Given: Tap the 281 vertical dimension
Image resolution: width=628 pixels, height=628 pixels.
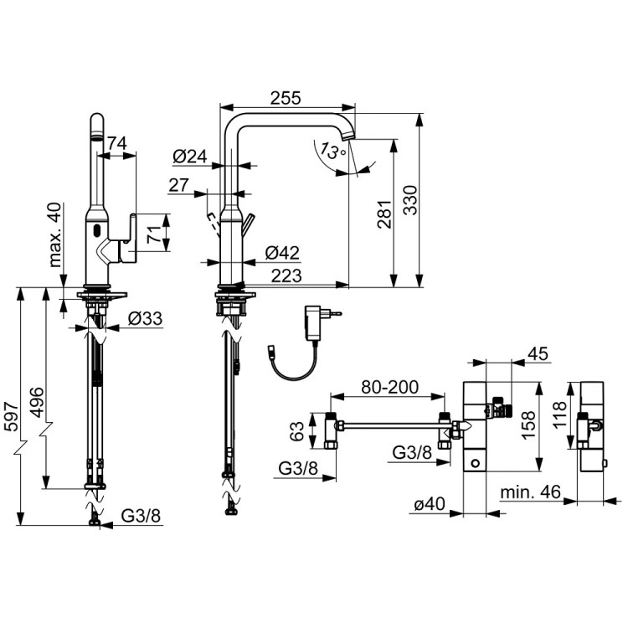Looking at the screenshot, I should click(x=405, y=214).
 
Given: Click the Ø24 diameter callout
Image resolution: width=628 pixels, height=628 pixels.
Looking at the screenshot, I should click(x=189, y=156).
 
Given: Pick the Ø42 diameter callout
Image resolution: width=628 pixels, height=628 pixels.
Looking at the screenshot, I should click(x=281, y=253).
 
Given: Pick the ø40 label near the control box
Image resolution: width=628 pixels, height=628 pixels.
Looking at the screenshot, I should click(x=430, y=504).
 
